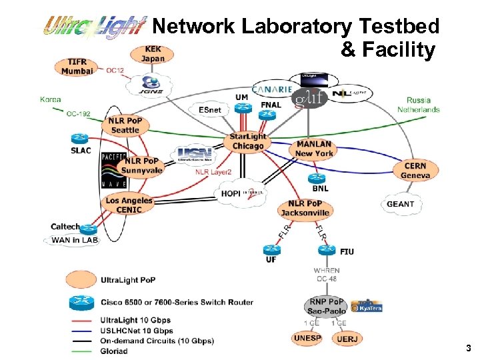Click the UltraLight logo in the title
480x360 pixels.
click(93, 27)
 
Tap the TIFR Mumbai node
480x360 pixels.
click(77, 66)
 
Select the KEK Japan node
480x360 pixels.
click(153, 54)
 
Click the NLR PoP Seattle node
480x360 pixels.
click(125, 125)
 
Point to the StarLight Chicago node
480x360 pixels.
click(248, 141)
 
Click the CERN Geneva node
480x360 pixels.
click(415, 171)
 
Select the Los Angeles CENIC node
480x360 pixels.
click(129, 205)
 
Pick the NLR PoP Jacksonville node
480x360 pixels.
click(305, 208)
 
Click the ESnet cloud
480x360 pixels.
click(209, 110)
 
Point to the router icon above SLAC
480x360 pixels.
click(79, 139)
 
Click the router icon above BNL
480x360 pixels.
click(315, 178)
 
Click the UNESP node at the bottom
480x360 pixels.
click(307, 338)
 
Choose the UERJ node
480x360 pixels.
click(347, 339)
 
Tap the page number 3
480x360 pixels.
click(468, 348)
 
